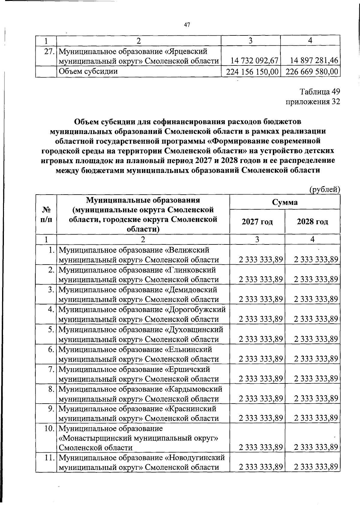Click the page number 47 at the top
(187, 25)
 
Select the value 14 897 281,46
(314, 61)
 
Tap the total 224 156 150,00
(250, 72)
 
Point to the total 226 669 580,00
(310, 72)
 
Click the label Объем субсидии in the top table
(88, 71)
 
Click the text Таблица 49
(320, 91)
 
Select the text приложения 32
(313, 102)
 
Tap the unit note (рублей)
(324, 189)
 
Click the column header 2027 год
(257, 222)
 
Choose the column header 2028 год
(312, 222)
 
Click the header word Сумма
(285, 202)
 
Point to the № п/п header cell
(46, 214)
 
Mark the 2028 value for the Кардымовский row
(316, 398)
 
